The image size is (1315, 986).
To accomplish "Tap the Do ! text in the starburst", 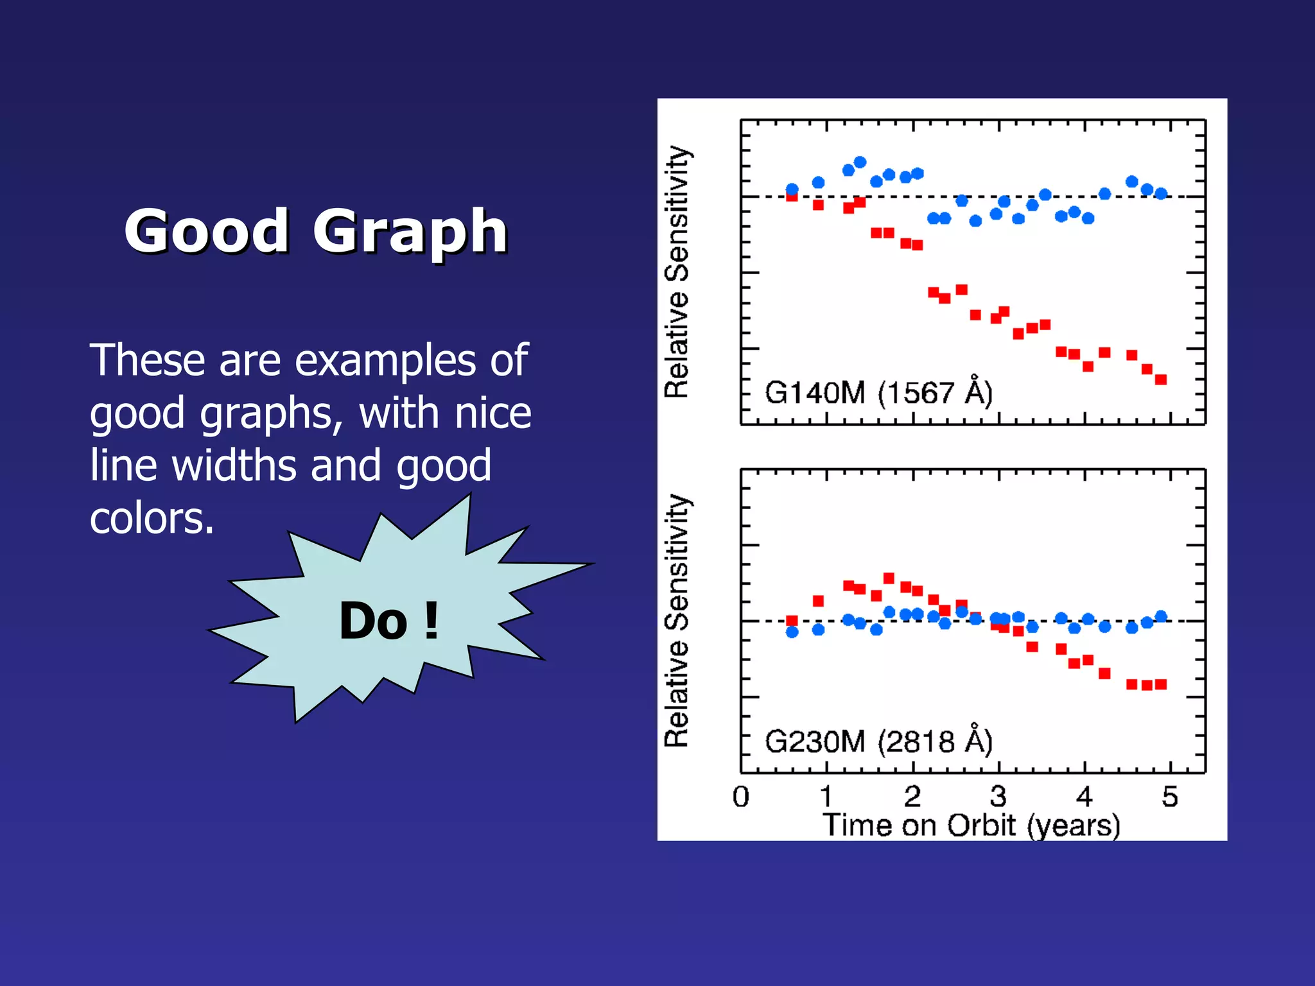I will coord(389,621).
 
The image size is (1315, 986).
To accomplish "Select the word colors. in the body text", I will coord(152,519).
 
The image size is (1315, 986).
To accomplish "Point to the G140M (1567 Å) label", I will coord(878,392).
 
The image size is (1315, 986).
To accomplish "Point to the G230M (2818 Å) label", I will coord(878,741).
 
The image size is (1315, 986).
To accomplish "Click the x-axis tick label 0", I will coord(741,797).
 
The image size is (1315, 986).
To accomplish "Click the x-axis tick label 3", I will coord(998,797).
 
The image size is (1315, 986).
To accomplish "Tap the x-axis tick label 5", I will coord(1170,797).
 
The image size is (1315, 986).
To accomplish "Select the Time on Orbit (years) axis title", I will coord(971,826).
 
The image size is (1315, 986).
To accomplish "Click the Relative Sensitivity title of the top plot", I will coord(677,272).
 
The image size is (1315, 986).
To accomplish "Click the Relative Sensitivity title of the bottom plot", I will coord(677,621).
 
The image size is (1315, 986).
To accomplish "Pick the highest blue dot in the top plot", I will coord(860,162).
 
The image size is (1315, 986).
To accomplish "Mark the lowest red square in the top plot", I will coord(1161,379).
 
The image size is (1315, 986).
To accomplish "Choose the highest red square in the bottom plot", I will coord(889,578).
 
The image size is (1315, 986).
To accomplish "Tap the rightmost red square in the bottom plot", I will coord(1161,684).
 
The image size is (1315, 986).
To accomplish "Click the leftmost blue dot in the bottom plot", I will coord(792,632).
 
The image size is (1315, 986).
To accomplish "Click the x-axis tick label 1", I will coord(826,797).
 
